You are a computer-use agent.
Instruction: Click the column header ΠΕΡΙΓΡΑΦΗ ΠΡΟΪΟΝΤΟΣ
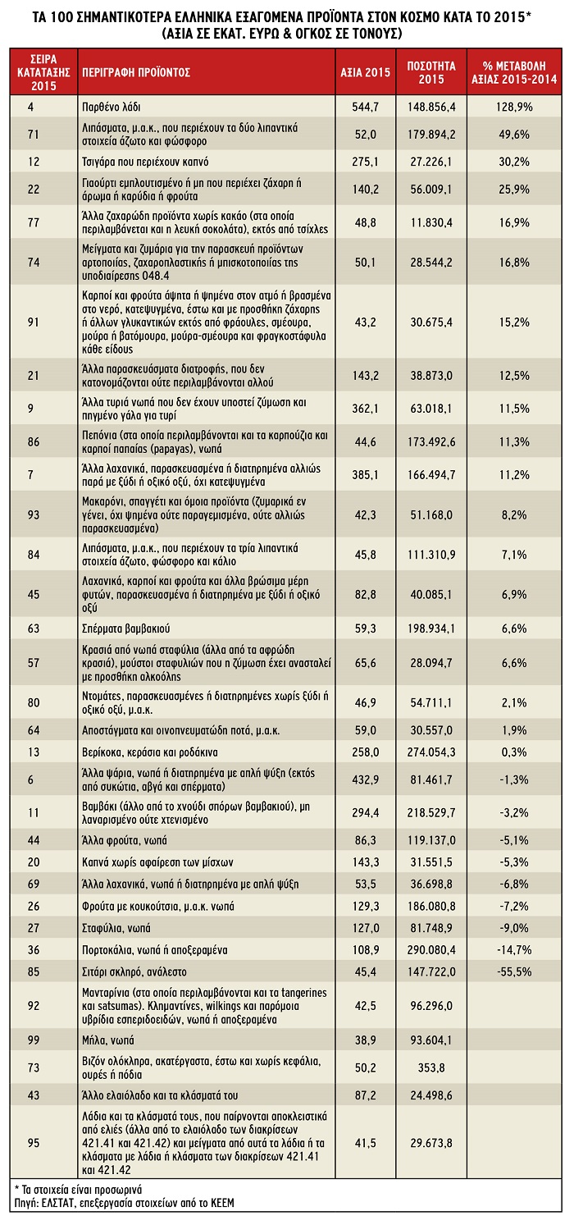coord(135,71)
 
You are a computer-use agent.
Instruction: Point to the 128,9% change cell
coord(514,107)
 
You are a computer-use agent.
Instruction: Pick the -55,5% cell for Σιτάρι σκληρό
coord(514,971)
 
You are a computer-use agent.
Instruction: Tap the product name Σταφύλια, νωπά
coord(117,928)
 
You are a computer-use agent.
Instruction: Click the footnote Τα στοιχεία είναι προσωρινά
coord(78,1188)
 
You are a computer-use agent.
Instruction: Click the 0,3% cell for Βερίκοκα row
coord(514,752)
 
